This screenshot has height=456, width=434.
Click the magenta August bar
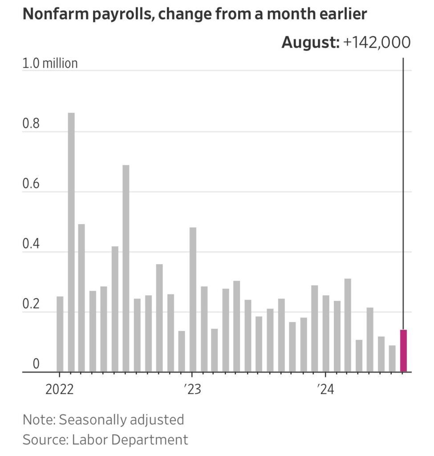click(403, 351)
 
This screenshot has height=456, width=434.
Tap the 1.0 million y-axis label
click(50, 63)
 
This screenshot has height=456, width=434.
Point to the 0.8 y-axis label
click(31, 123)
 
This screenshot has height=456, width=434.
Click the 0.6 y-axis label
click(31, 184)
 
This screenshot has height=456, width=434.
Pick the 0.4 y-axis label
click(31, 244)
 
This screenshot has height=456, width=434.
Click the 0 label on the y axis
click(36, 364)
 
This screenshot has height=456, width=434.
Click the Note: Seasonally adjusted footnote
click(103, 419)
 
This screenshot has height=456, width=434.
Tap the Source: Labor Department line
click(105, 440)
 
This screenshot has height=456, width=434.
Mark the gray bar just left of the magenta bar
click(392, 358)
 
